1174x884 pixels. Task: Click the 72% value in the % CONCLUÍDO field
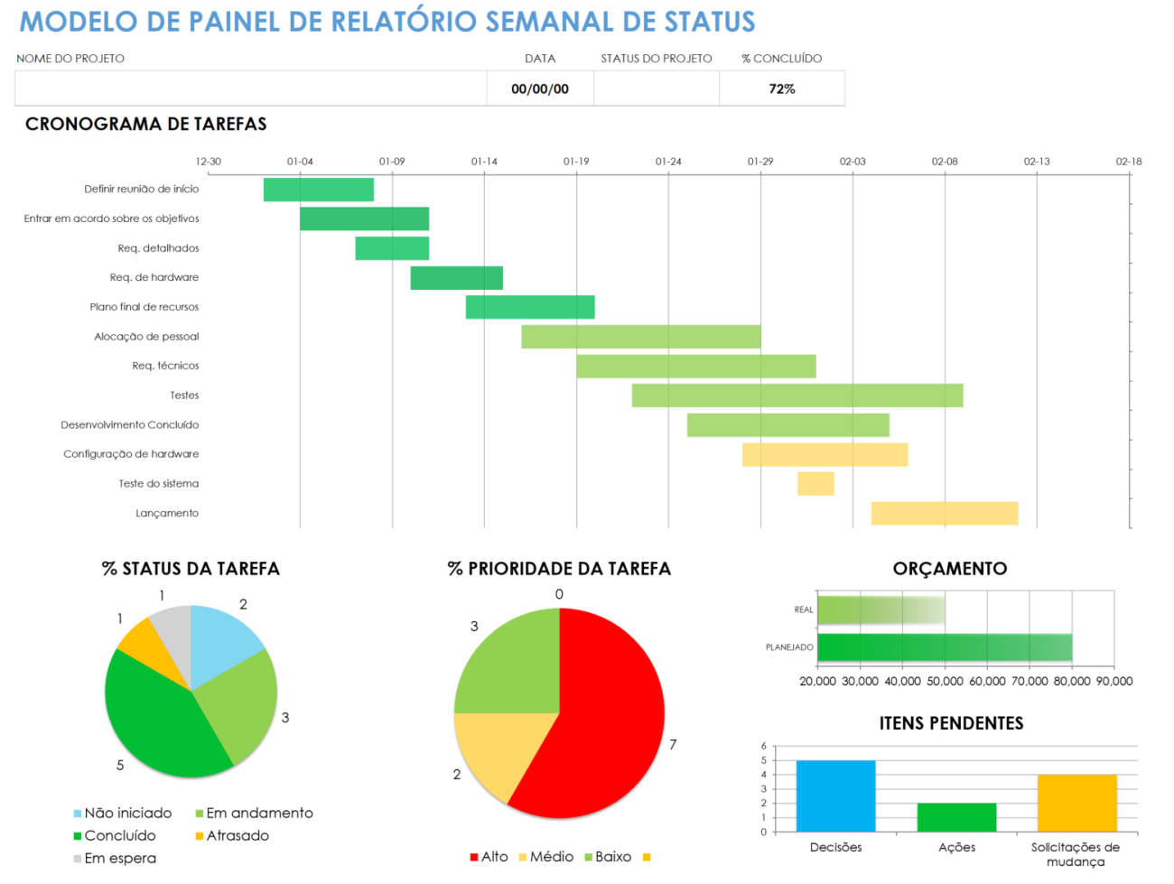click(781, 88)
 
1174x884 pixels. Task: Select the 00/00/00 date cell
click(539, 88)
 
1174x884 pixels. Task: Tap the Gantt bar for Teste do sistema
click(815, 484)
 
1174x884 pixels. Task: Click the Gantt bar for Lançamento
click(944, 513)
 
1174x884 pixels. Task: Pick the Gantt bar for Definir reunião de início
click(318, 190)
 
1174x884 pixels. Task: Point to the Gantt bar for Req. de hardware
click(456, 278)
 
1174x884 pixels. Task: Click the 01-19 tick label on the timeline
click(576, 162)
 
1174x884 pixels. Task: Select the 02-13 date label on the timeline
click(1037, 162)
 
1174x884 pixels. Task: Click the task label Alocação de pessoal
click(146, 337)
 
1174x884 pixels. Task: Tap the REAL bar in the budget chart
click(880, 609)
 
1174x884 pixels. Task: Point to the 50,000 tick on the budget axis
click(945, 682)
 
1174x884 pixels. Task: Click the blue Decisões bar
click(835, 796)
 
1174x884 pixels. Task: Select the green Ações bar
click(956, 817)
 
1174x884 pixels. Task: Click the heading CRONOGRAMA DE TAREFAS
click(145, 125)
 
